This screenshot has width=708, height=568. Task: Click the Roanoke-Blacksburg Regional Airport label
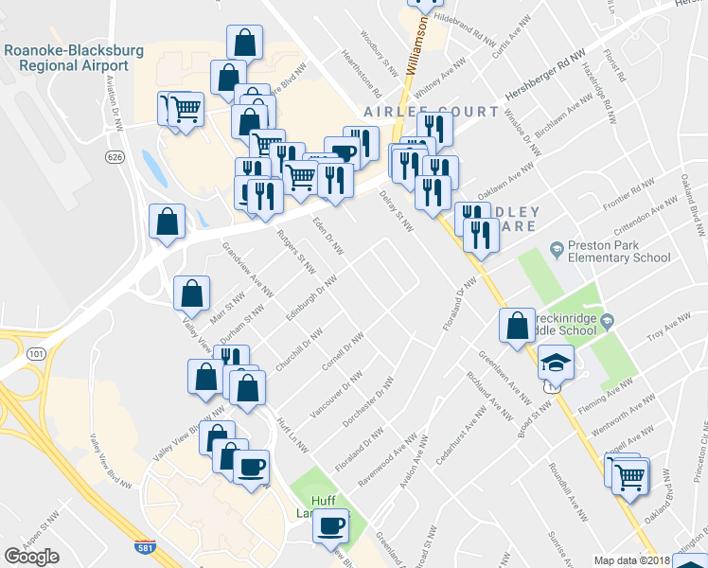coord(65,58)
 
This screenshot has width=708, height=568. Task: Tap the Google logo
coord(32,557)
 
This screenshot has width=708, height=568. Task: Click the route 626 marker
coord(115,156)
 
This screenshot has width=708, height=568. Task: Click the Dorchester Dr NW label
coord(373,400)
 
